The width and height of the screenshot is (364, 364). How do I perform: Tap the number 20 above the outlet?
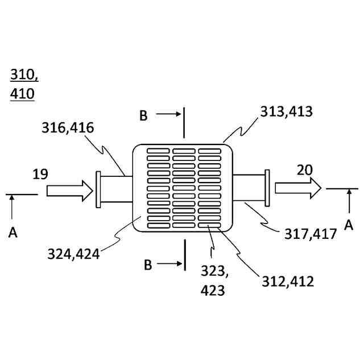pos(305,169)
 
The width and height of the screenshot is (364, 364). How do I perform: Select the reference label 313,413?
pos(286,111)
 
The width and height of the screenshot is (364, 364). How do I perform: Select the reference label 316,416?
pos(68,127)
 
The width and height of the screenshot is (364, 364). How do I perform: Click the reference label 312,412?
pos(287,280)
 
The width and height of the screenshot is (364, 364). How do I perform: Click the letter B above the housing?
pos(143,116)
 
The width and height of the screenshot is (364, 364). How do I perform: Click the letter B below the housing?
pos(147,264)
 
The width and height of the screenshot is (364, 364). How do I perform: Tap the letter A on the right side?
pos(349,226)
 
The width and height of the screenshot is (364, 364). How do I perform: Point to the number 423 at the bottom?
pos(213,291)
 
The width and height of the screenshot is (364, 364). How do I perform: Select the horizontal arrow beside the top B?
pos(169,114)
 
